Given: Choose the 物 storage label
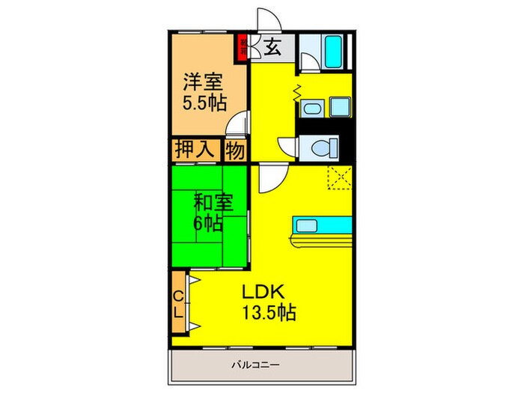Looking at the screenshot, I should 236,150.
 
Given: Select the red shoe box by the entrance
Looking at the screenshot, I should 243,47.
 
